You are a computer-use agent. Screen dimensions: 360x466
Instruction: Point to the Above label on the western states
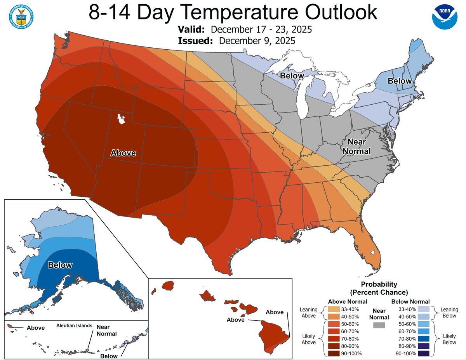pyautogui.click(x=123, y=153)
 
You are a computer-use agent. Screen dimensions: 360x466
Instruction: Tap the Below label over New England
pyautogui.click(x=400, y=81)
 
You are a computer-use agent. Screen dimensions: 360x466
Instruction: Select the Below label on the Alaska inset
pyautogui.click(x=60, y=265)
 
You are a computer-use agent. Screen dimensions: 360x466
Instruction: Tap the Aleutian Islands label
pyautogui.click(x=74, y=326)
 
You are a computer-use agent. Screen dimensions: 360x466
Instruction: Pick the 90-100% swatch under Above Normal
pyautogui.click(x=334, y=353)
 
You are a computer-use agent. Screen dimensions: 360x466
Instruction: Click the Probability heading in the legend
pyautogui.click(x=379, y=284)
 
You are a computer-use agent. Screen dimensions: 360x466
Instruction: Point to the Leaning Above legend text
pyautogui.click(x=309, y=313)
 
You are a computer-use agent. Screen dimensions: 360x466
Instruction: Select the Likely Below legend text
pyautogui.click(x=450, y=339)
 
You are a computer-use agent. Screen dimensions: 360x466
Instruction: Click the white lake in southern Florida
pyautogui.click(x=373, y=253)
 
